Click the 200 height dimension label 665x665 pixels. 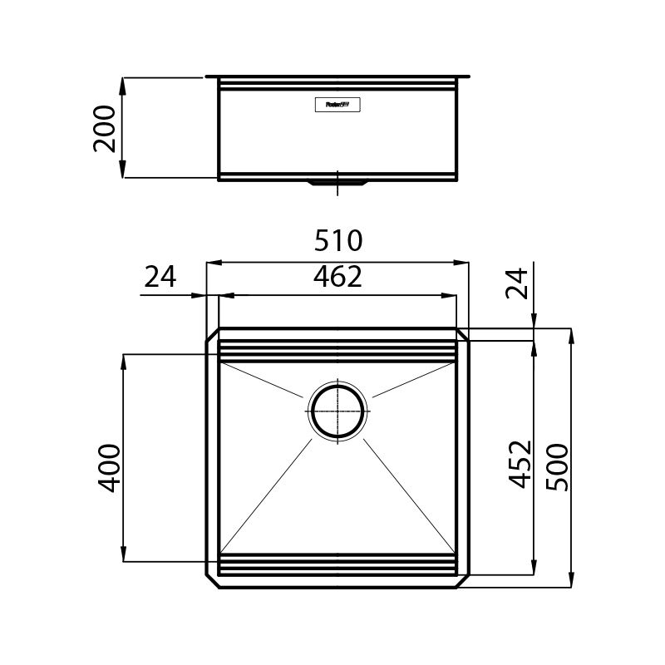pos(105,128)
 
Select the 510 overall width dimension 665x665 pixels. pos(338,241)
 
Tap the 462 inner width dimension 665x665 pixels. pos(338,277)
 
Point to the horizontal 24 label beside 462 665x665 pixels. pos(160,277)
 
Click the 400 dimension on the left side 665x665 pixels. pos(110,467)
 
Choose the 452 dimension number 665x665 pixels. pos(520,464)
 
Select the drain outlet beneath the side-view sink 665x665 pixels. pos(337,184)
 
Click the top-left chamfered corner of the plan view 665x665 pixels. pos(213,335)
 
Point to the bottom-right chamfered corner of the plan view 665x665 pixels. pos(463,580)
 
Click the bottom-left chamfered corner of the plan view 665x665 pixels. pos(213,580)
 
